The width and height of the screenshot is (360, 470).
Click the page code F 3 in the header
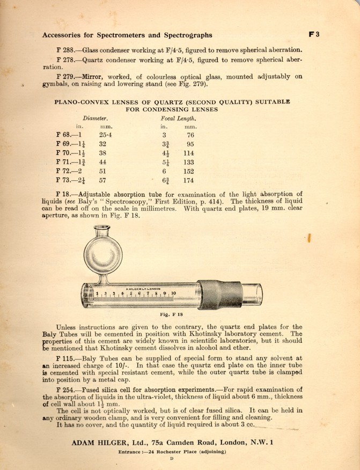tap(314, 34)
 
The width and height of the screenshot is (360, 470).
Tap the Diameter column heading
tap(96, 117)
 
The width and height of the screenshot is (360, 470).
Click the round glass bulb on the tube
tap(105, 255)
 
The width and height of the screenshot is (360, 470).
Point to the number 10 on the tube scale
tap(173, 293)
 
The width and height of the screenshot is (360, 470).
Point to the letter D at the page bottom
tap(172, 459)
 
